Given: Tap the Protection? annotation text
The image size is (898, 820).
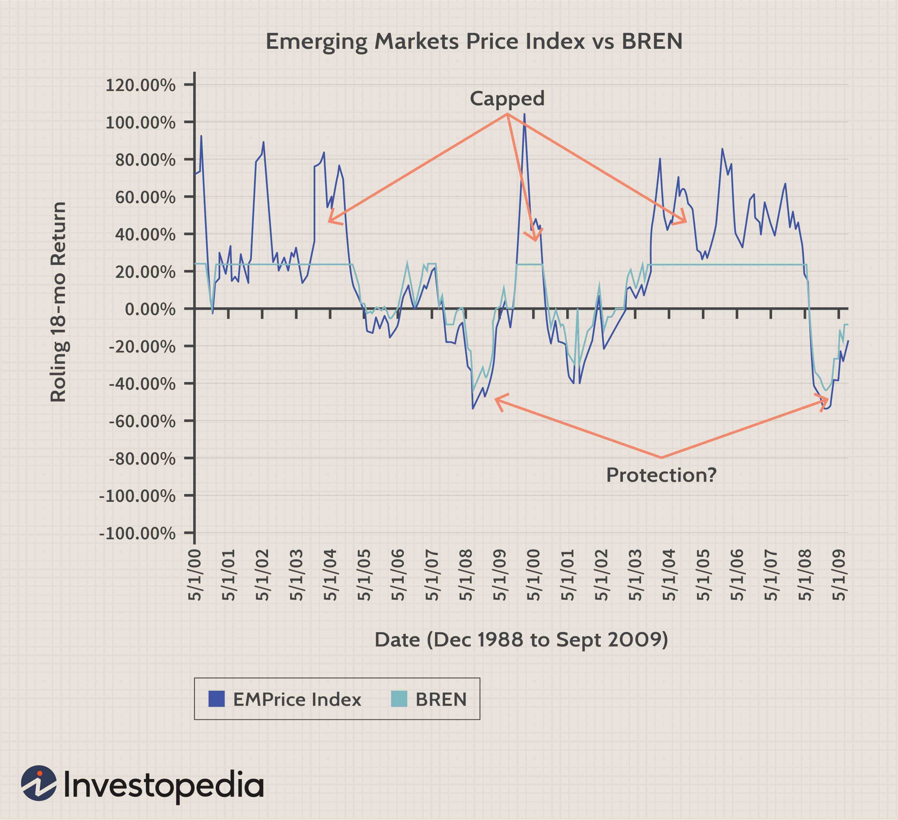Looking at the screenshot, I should point(661,475).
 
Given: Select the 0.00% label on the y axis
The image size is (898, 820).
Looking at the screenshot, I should point(150,309).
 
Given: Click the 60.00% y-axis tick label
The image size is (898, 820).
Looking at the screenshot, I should point(145,197).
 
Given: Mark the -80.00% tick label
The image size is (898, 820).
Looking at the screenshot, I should point(142,458).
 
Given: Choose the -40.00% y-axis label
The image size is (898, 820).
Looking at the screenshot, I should point(142,384).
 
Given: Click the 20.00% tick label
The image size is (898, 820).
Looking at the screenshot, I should point(145,271).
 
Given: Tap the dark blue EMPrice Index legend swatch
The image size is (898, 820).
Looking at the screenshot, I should point(216,699).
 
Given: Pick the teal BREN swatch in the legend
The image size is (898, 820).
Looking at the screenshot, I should point(399,699).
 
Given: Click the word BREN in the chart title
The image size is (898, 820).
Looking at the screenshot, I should point(652,41).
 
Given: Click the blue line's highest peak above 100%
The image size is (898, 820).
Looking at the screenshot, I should point(524,114).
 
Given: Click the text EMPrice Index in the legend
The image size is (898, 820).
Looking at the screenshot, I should point(297,699).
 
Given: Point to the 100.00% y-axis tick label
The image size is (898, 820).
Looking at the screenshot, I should point(140,122).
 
